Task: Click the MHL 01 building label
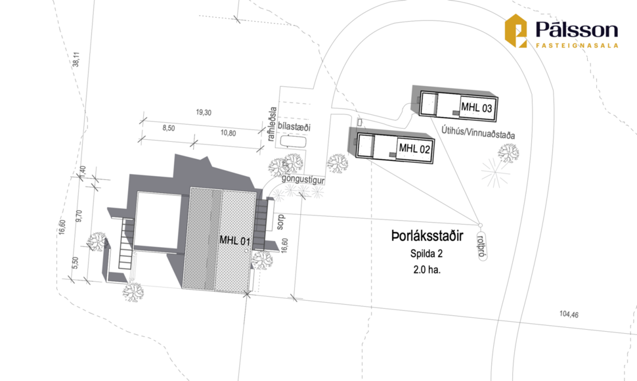(x=235, y=240)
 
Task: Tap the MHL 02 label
(x=414, y=148)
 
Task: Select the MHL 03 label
(x=477, y=108)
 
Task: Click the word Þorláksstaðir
(x=427, y=236)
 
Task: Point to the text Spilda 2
(x=426, y=254)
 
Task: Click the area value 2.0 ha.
(x=427, y=269)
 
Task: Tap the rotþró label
(x=482, y=246)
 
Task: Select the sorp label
(x=280, y=222)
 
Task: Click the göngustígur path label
(x=303, y=179)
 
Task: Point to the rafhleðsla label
(x=272, y=124)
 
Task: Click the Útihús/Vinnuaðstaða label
(x=478, y=133)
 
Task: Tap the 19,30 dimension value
(x=204, y=112)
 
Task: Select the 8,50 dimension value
(x=169, y=128)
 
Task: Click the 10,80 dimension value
(x=229, y=133)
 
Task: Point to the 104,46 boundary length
(x=569, y=314)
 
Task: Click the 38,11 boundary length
(x=76, y=59)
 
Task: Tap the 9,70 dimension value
(x=79, y=215)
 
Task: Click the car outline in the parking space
(x=292, y=142)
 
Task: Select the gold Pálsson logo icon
(x=516, y=31)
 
